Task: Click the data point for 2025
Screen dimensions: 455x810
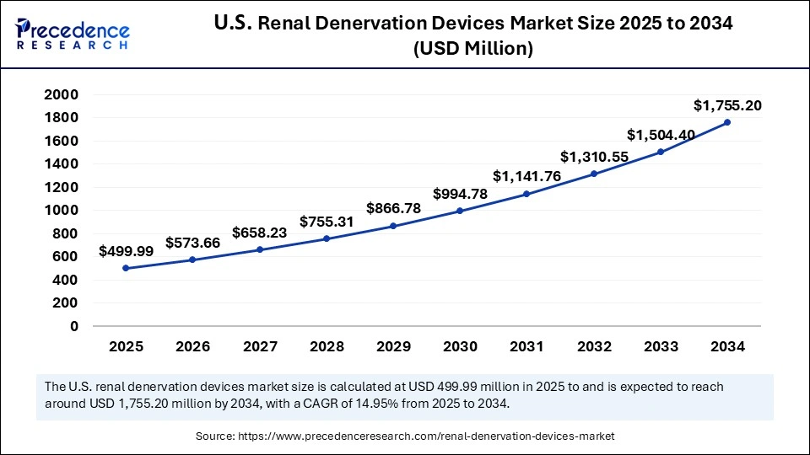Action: (x=126, y=268)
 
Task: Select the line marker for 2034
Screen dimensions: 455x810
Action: (x=727, y=122)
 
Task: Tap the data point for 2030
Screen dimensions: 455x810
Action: (x=460, y=211)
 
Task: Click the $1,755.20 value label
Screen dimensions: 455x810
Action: (x=727, y=105)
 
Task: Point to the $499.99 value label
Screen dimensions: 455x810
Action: (x=126, y=251)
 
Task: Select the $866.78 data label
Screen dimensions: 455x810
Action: (x=393, y=208)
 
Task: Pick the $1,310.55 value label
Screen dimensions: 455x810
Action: (x=594, y=157)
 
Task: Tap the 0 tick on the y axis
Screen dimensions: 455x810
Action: (x=74, y=326)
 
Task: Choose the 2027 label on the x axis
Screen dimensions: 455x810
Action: (x=260, y=346)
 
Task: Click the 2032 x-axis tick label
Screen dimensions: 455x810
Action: (x=594, y=346)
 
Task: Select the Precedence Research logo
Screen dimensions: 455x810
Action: (x=73, y=33)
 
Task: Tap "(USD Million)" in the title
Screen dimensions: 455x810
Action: (x=472, y=49)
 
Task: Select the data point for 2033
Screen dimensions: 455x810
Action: (x=661, y=152)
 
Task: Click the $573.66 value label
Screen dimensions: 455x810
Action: (x=192, y=243)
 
